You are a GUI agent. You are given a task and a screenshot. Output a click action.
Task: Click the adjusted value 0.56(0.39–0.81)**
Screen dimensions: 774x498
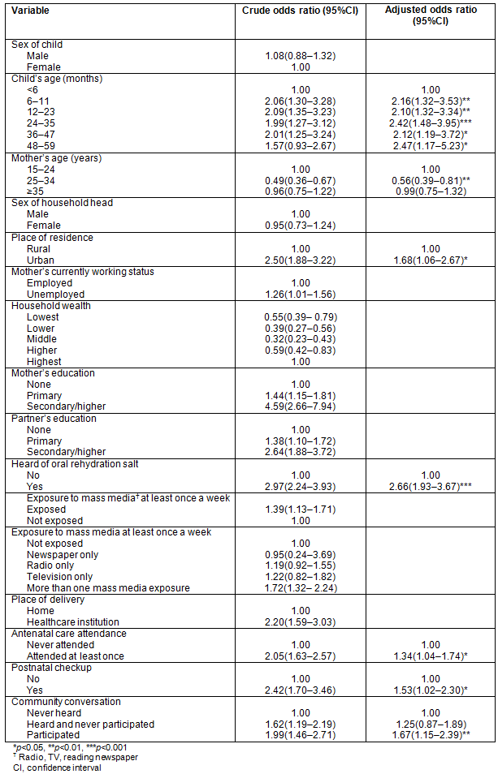[431, 180]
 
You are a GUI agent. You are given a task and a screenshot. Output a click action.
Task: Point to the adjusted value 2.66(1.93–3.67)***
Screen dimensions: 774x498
[431, 485]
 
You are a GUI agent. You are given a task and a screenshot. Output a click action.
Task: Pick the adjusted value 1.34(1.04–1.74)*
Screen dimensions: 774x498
[431, 656]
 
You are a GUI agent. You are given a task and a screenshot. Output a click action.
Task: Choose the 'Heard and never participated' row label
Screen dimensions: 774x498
[90, 724]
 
